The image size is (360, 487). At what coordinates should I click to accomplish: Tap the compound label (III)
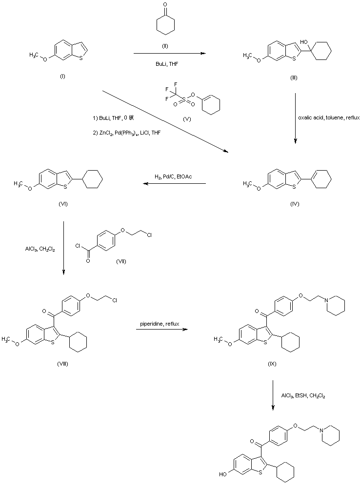(293, 78)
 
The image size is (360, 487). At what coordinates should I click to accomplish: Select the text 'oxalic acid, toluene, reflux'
(327, 118)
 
